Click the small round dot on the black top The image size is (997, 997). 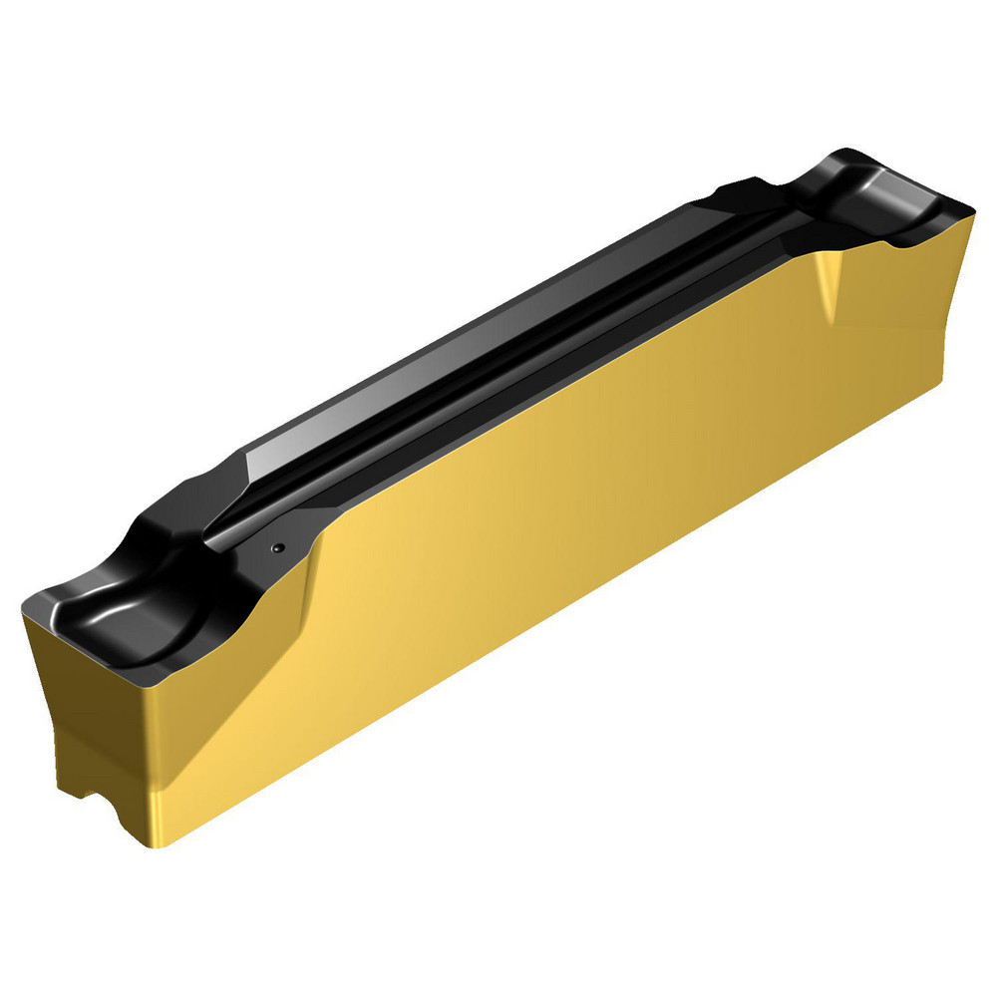279,546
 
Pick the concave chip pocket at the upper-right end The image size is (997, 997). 877,199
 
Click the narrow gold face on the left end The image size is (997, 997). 85,718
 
